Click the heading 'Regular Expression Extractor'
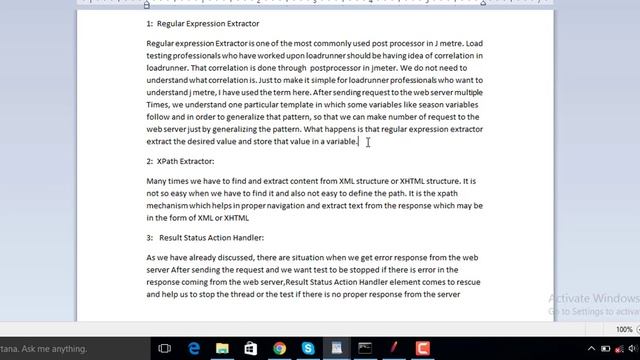pyautogui.click(x=208, y=23)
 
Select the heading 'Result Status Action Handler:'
pyautogui.click(x=211, y=238)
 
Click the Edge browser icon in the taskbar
pyautogui.click(x=194, y=348)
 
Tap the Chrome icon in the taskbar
pyautogui.click(x=280, y=348)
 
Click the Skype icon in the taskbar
pyautogui.click(x=309, y=348)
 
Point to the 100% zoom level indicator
pyautogui.click(x=624, y=329)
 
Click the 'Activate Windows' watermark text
pyautogui.click(x=593, y=298)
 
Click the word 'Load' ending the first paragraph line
pyautogui.click(x=473, y=44)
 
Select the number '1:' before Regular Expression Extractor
pyautogui.click(x=150, y=23)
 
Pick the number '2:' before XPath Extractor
pyautogui.click(x=150, y=161)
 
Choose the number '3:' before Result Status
pyautogui.click(x=150, y=238)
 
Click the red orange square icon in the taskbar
pyautogui.click(x=423, y=348)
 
